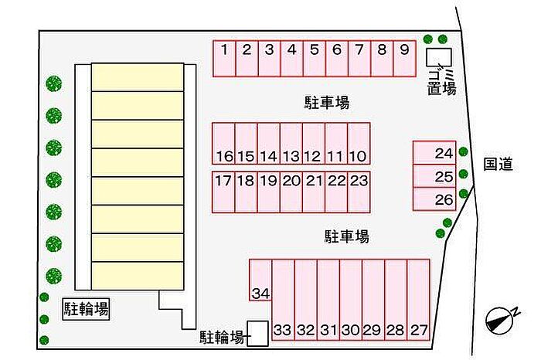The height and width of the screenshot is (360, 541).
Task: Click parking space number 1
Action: point(224,59)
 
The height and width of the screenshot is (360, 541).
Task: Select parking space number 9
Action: point(405,59)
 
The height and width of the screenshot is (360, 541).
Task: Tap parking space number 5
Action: point(315,59)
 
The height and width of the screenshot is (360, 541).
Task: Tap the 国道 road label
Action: point(498,164)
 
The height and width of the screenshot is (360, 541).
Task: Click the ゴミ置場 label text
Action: point(442,80)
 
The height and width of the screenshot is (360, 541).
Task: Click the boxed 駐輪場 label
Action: point(86,310)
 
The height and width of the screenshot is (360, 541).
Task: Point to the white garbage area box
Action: point(439,57)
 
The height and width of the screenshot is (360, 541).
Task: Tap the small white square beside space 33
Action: point(257,333)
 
